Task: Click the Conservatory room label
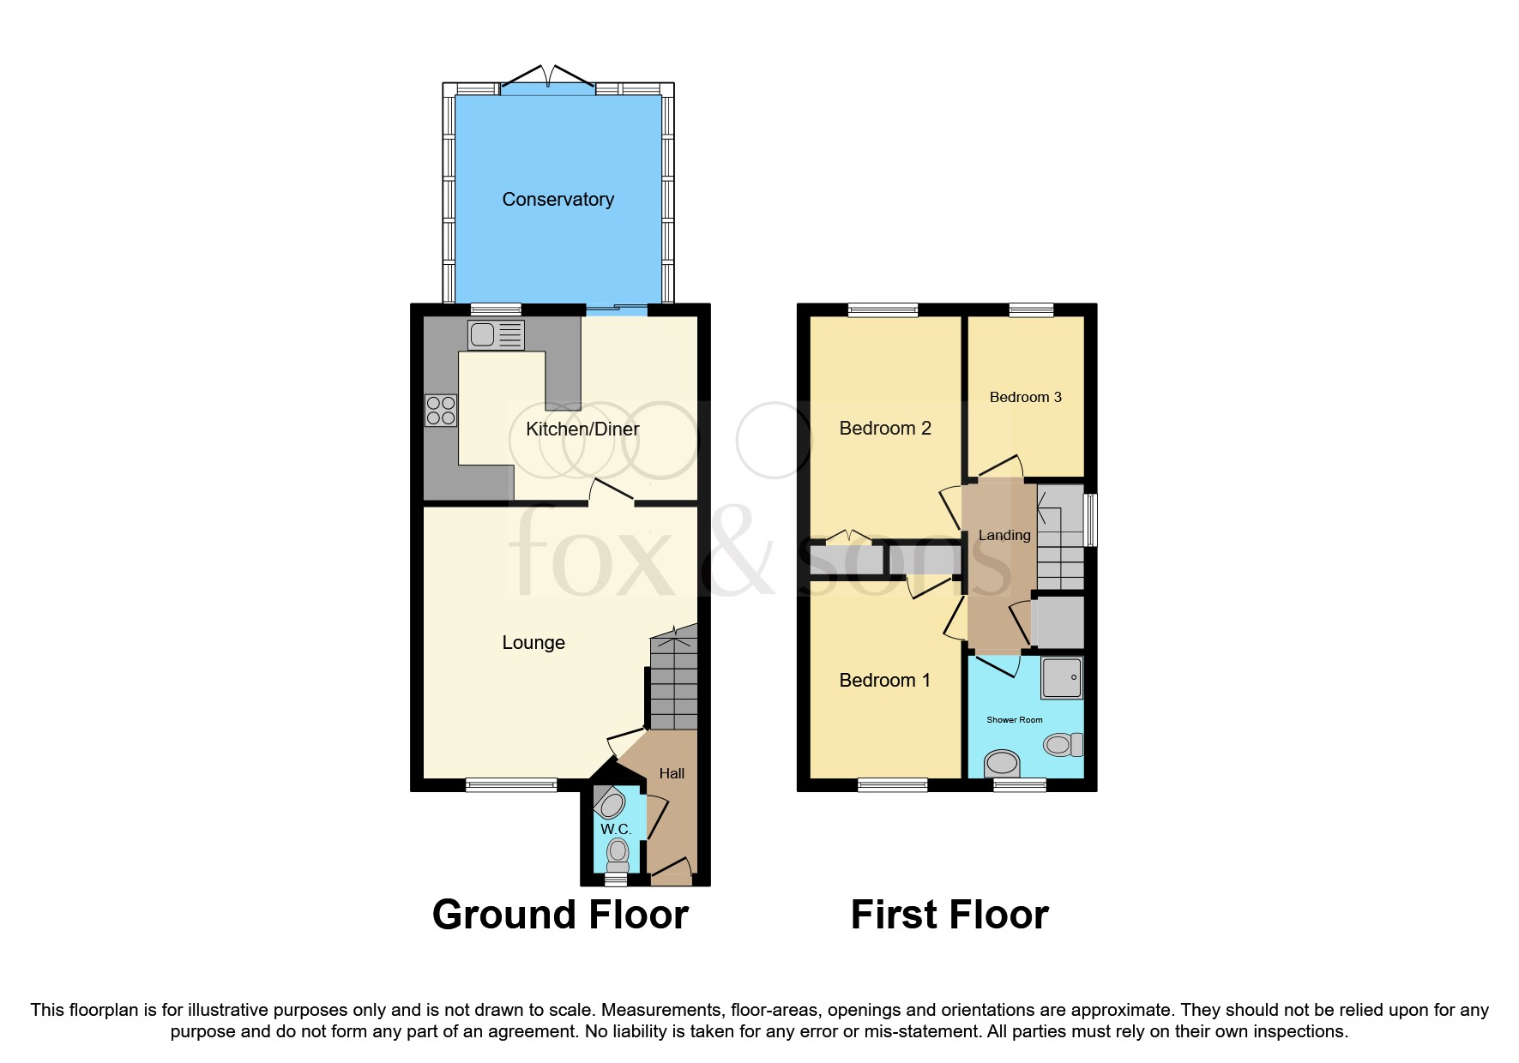point(558,200)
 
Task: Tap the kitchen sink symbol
point(495,335)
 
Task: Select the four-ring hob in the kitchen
point(441,411)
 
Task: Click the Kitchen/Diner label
point(582,429)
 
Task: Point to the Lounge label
point(533,643)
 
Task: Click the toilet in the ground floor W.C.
point(618,854)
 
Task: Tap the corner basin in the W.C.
point(611,803)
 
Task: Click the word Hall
point(672,773)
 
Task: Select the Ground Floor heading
point(560,915)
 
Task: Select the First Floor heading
point(949,915)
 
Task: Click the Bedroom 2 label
point(884,428)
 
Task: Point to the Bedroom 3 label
point(1025,397)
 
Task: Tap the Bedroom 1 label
point(884,681)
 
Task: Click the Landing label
point(1004,535)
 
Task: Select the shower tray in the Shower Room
point(1062,677)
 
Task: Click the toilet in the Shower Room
point(1064,744)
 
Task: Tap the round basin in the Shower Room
point(1002,762)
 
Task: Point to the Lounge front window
point(511,784)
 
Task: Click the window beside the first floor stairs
point(1090,519)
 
